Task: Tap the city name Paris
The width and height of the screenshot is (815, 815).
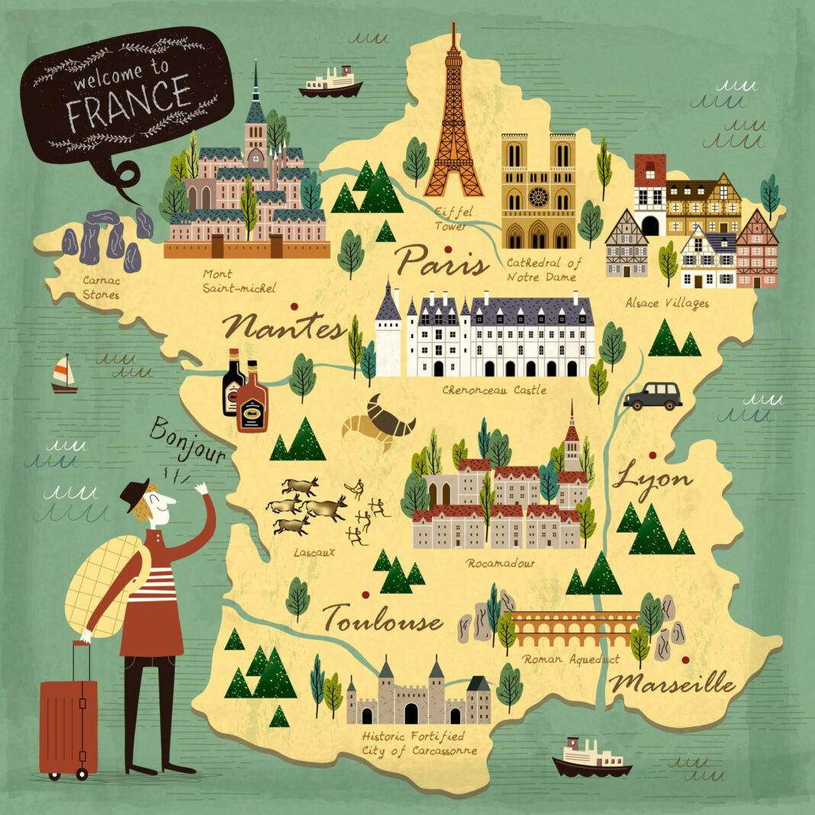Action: click(x=442, y=261)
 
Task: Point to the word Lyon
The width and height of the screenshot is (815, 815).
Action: click(x=652, y=479)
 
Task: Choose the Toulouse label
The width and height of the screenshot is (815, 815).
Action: click(x=382, y=617)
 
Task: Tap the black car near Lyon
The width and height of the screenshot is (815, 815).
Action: click(x=652, y=396)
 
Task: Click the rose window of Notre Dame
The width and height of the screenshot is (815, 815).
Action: click(x=540, y=197)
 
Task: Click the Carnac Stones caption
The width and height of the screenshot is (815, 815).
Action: click(x=101, y=287)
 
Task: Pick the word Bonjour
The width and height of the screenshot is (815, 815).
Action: click(x=188, y=442)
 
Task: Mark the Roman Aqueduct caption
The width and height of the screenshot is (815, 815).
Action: click(x=571, y=659)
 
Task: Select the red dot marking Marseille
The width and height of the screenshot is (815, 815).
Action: click(x=685, y=659)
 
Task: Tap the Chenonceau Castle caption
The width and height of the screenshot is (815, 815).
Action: click(x=494, y=390)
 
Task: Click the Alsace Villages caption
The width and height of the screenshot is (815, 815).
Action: click(x=667, y=303)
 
